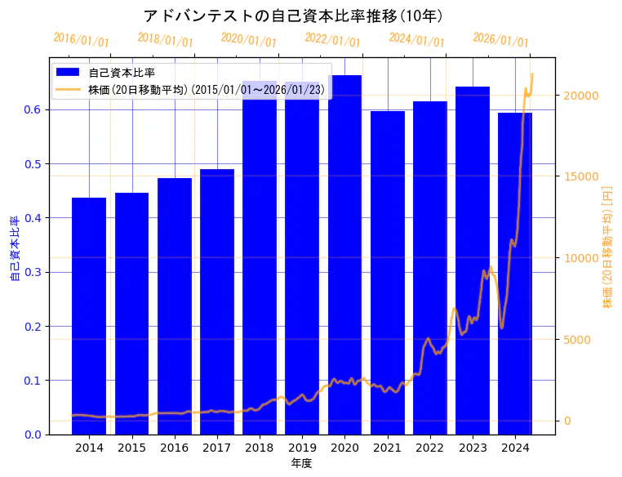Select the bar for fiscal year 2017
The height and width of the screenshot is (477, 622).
(217, 301)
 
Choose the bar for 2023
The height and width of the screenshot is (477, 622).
(473, 261)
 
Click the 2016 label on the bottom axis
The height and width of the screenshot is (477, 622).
(174, 448)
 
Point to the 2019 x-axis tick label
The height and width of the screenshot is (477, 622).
(302, 448)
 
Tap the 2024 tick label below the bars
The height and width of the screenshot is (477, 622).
(515, 448)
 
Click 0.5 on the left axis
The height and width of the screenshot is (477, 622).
(33, 164)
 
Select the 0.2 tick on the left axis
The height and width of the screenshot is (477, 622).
(33, 327)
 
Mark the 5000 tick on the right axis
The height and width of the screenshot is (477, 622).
(575, 340)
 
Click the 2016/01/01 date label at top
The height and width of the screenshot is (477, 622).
(81, 40)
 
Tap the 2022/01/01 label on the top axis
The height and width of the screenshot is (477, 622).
(332, 40)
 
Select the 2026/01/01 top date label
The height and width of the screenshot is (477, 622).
(500, 40)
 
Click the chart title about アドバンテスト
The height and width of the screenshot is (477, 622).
(293, 16)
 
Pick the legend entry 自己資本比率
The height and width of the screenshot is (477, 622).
(122, 73)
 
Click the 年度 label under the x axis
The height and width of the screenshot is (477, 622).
(301, 463)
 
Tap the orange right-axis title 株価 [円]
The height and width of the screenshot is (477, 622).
(607, 246)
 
